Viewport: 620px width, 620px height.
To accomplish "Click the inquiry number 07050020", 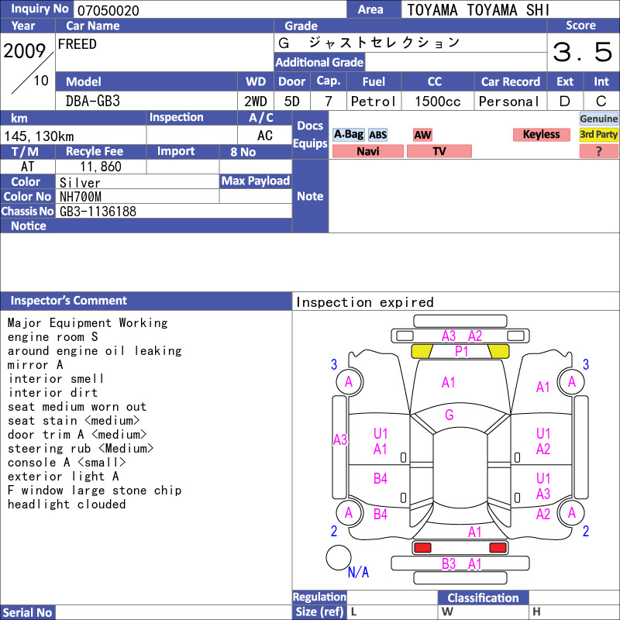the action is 108,10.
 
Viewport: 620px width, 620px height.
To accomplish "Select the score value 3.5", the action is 582,52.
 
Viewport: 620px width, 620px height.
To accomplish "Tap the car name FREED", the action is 77,44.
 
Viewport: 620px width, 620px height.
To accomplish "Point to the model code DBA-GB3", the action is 93,102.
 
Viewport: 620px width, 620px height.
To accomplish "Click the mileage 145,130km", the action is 39,136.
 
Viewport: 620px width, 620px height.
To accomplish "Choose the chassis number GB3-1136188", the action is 98,212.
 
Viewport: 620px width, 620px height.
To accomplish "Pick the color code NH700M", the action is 81,197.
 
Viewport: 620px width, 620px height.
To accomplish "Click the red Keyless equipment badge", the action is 541,134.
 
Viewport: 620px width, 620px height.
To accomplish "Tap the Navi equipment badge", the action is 367,151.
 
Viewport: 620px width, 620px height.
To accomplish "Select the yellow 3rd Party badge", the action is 598,134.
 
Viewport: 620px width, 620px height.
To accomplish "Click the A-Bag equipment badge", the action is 348,134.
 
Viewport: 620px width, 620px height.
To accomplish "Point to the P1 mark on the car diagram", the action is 461,351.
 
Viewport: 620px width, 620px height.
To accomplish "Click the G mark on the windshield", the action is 449,415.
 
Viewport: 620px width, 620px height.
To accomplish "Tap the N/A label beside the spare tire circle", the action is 358,572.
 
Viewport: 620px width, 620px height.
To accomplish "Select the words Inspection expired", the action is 364,302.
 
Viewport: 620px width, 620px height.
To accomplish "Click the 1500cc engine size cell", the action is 437,102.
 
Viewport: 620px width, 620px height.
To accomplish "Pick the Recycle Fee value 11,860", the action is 101,167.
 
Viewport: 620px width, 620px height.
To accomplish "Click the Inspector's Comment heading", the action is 68,301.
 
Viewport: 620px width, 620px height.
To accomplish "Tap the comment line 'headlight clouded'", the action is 67,505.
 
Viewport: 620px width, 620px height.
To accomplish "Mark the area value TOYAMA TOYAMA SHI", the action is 478,10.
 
